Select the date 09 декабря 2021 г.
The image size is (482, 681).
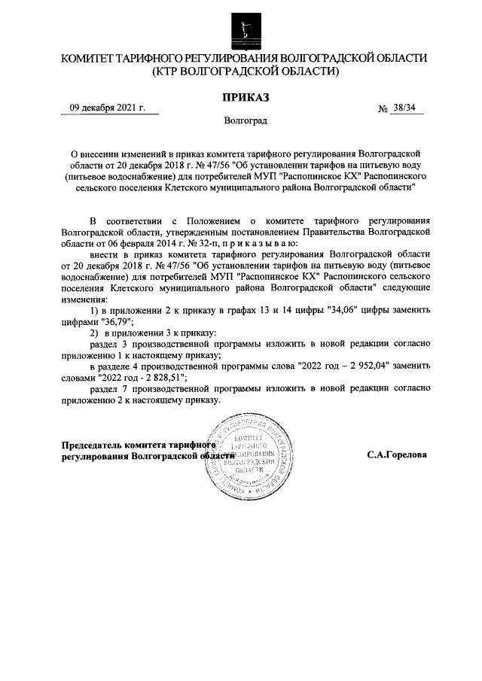click(x=107, y=108)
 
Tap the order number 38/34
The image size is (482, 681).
click(x=405, y=109)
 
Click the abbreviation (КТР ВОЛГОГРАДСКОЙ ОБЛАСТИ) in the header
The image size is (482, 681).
click(x=246, y=71)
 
